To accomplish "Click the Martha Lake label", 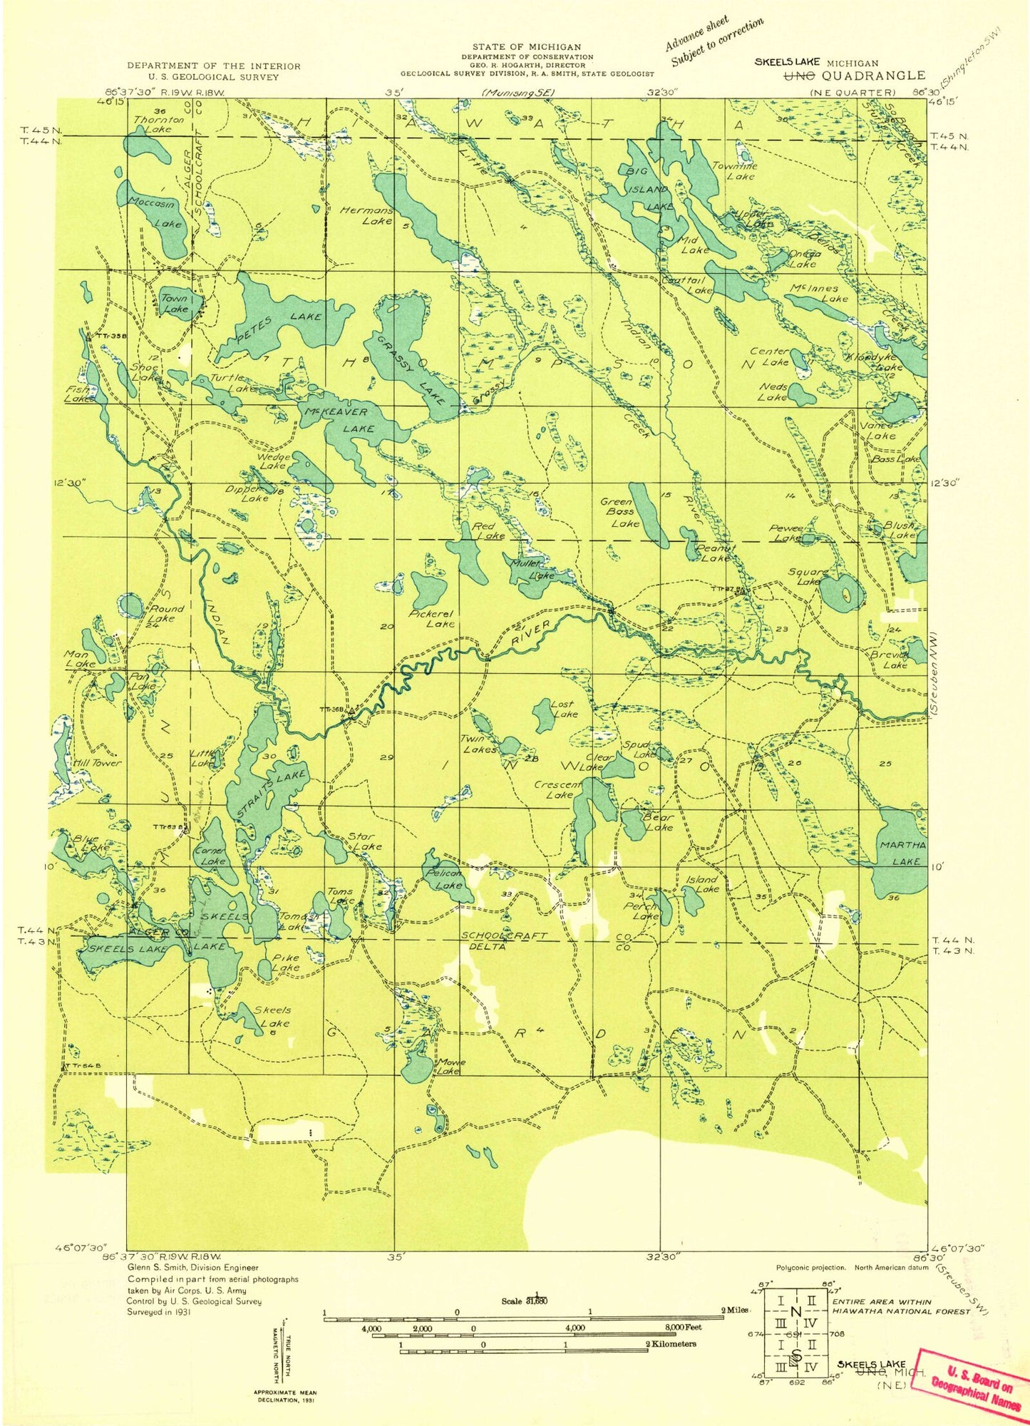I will [905, 853].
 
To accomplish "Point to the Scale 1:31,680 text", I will [525, 1300].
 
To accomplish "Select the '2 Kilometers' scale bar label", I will [670, 1343].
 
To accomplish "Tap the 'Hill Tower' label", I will [98, 762].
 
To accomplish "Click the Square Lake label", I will [808, 576].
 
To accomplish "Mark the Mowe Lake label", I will [450, 1067].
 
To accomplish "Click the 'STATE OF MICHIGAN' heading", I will [526, 47].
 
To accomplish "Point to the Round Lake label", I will [166, 613].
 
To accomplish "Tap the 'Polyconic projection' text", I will [811, 1268].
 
